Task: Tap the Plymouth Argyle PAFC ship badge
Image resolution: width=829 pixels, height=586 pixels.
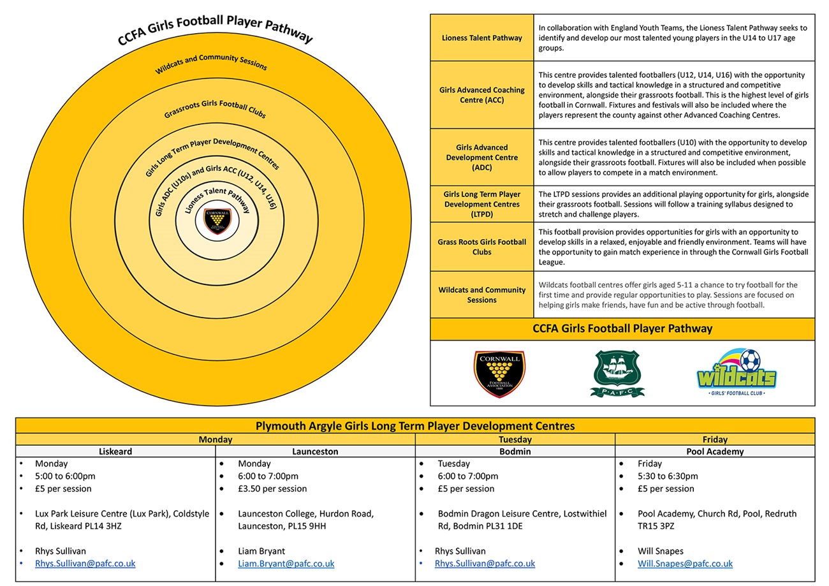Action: tap(617, 373)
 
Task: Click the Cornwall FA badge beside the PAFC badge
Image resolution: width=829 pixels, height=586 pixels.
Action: tap(499, 374)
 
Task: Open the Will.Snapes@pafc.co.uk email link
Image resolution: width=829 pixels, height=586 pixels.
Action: tap(685, 564)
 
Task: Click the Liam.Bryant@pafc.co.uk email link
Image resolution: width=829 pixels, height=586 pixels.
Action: tap(286, 564)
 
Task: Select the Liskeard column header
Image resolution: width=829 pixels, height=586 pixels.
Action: tap(115, 451)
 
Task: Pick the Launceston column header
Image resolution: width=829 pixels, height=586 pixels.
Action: tap(315, 451)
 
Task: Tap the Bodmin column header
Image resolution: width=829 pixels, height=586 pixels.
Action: tap(515, 451)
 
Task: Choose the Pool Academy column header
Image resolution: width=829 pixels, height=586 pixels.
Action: tap(715, 451)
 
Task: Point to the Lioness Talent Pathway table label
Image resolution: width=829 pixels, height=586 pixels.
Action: tap(482, 38)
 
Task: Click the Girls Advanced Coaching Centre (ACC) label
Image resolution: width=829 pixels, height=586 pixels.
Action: tap(482, 95)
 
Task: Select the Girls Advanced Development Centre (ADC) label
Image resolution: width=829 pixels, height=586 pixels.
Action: tap(482, 157)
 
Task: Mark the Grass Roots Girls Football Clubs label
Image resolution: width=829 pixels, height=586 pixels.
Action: tap(482, 247)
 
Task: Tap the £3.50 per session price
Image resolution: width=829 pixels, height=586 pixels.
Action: tap(272, 488)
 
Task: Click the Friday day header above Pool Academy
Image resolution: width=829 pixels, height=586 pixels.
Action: tap(715, 439)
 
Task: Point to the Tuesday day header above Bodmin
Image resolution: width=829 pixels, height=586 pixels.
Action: tap(515, 439)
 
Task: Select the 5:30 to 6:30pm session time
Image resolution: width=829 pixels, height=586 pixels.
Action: tap(668, 476)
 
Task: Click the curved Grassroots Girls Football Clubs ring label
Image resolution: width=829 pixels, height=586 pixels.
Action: tap(215, 109)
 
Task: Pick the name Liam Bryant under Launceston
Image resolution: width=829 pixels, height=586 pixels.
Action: tap(261, 551)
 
